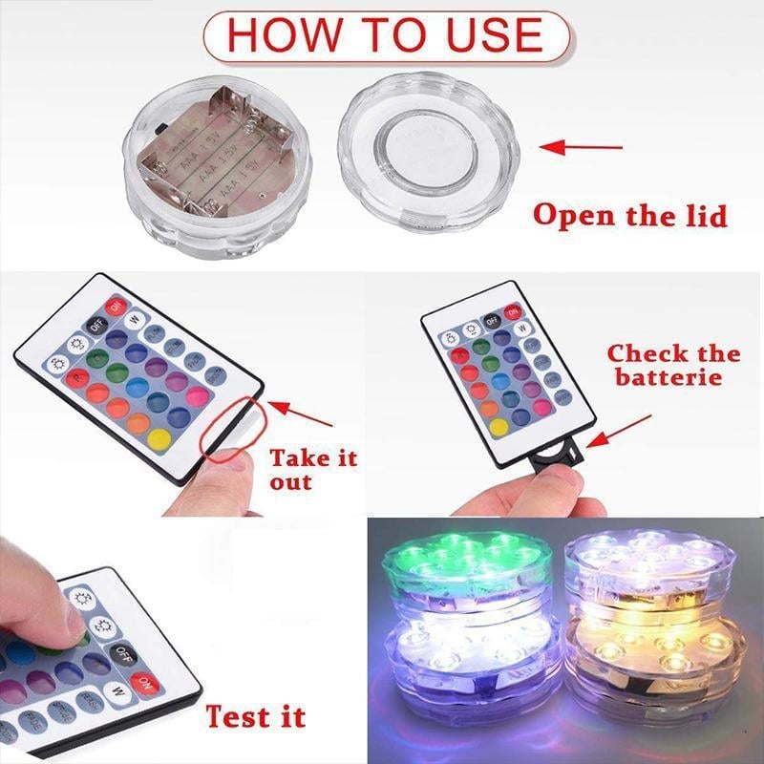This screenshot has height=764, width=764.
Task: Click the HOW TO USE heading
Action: [386, 35]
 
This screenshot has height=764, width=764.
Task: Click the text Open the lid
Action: [629, 214]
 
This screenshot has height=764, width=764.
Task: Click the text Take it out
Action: [312, 468]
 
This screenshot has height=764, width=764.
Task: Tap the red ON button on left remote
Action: [116, 308]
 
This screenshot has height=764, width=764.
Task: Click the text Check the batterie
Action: [672, 364]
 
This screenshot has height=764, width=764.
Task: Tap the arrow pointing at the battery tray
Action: [620, 431]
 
